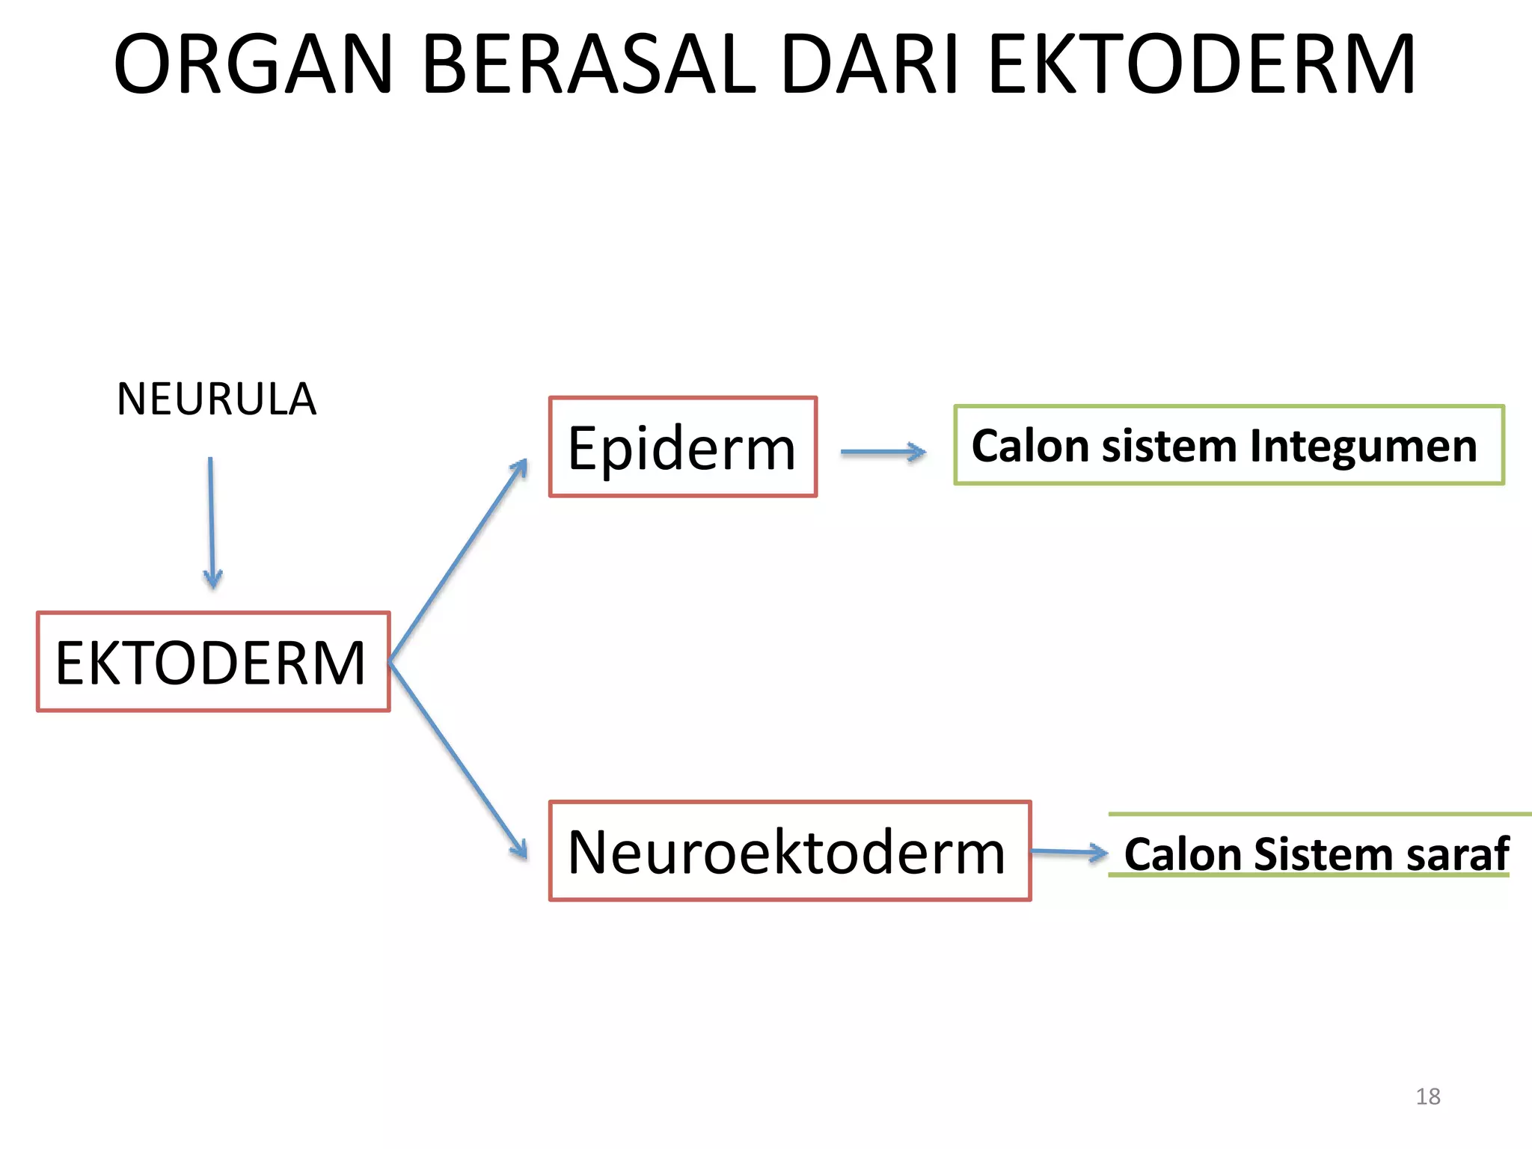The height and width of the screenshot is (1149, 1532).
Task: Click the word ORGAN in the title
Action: pyautogui.click(x=253, y=66)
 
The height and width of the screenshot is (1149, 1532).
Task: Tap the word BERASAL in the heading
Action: pyautogui.click(x=589, y=66)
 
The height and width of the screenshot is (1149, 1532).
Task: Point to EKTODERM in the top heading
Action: pyautogui.click(x=1201, y=66)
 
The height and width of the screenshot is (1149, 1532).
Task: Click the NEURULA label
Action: pyautogui.click(x=216, y=399)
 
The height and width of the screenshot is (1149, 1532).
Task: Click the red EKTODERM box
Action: pyautogui.click(x=213, y=662)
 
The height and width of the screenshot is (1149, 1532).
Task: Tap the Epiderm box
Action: pyautogui.click(x=682, y=447)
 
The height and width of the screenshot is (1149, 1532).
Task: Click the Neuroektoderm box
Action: pyautogui.click(x=789, y=851)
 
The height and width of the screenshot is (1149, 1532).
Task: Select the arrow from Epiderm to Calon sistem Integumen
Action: pyautogui.click(x=883, y=452)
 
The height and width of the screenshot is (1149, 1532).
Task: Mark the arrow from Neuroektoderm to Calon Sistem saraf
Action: pyautogui.click(x=1068, y=851)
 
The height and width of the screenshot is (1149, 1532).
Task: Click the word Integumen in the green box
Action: pyautogui.click(x=1363, y=446)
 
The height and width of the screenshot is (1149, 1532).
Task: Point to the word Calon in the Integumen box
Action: pyautogui.click(x=1030, y=446)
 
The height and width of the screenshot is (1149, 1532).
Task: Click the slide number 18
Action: pyautogui.click(x=1427, y=1097)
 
